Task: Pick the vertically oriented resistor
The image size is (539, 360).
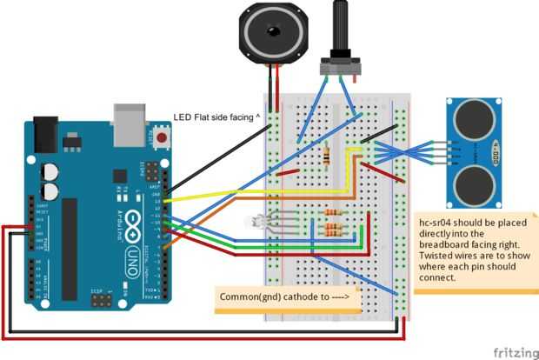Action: coord(325,157)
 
